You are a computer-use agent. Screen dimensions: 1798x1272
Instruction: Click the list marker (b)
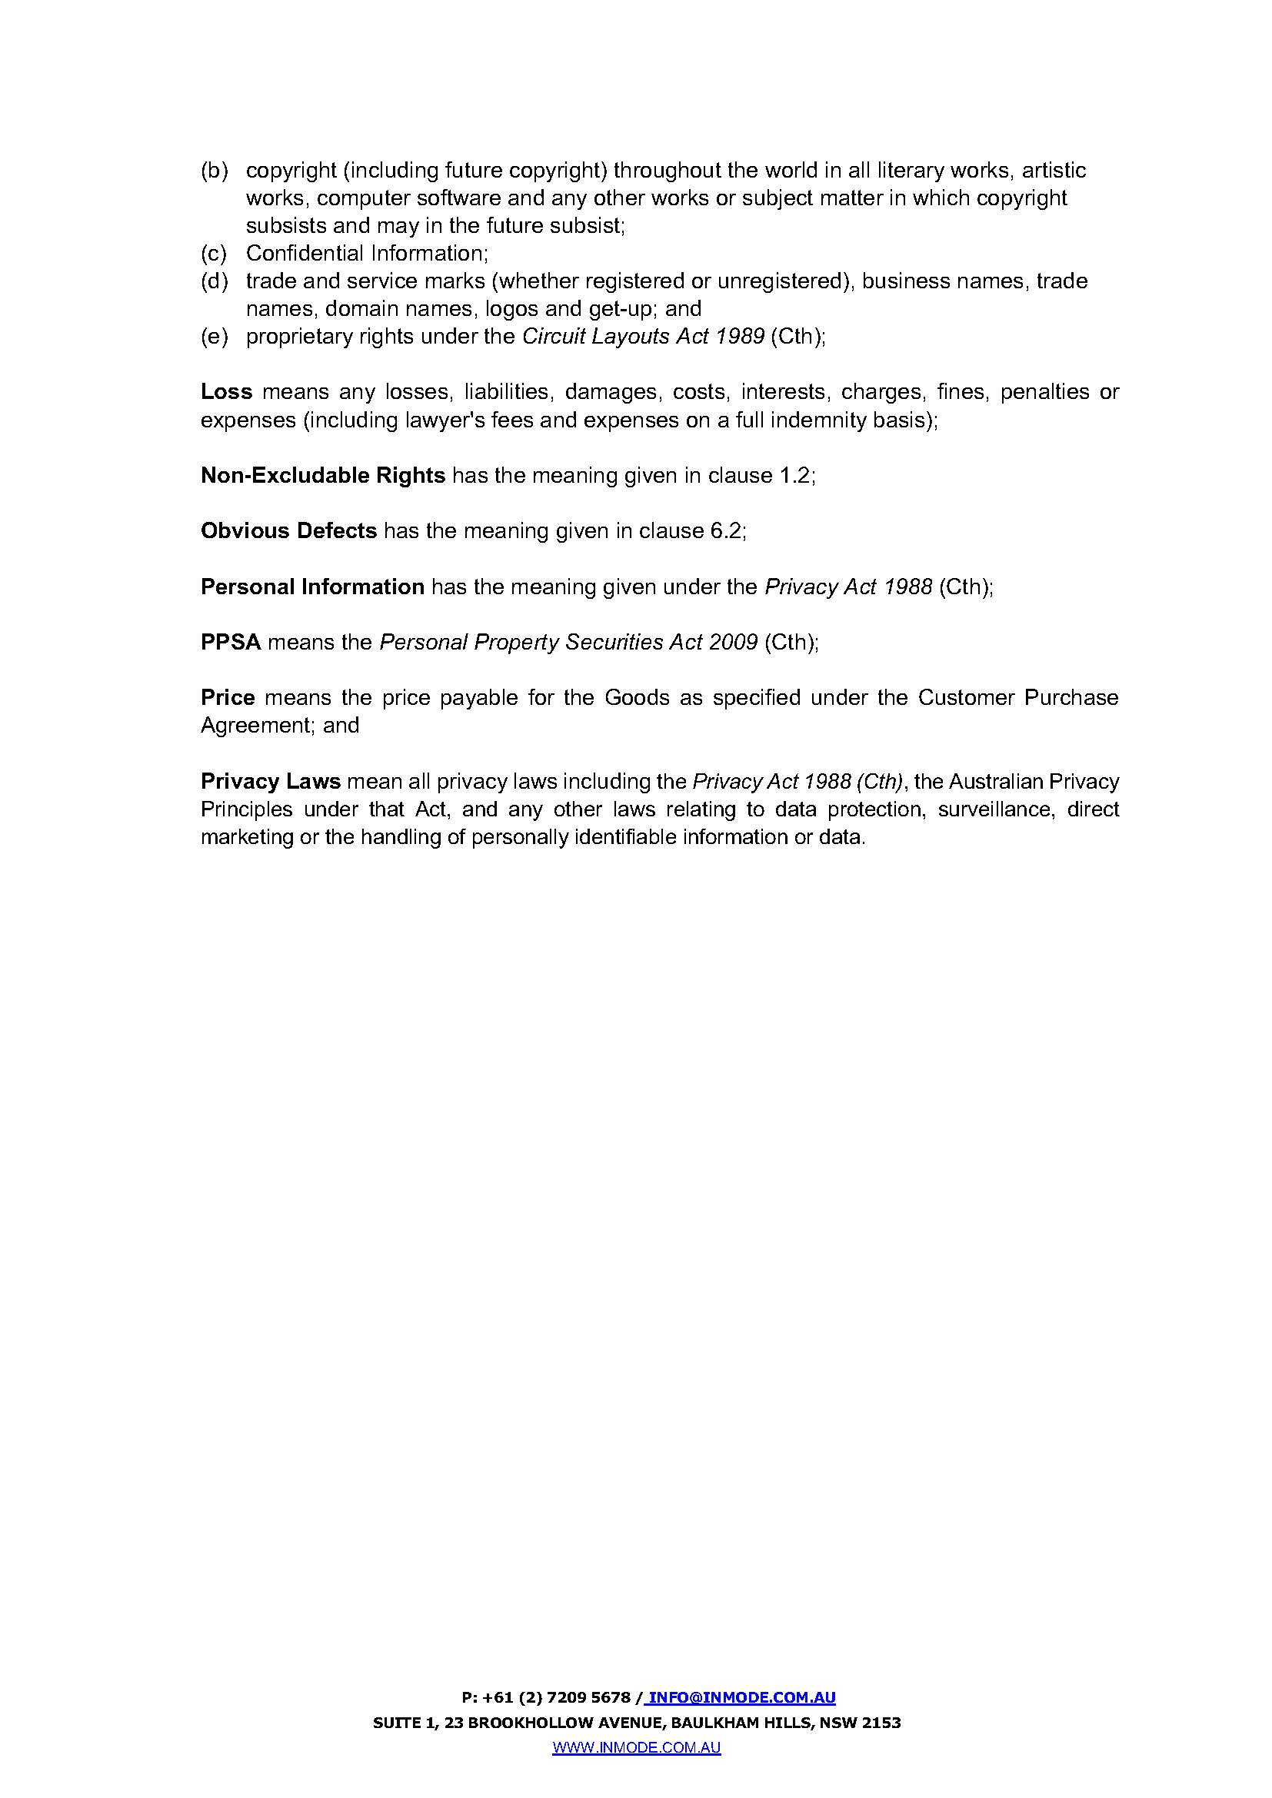coord(214,171)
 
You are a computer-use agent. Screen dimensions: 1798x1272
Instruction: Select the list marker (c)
coord(214,254)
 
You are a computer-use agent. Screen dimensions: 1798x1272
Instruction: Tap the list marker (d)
coord(214,281)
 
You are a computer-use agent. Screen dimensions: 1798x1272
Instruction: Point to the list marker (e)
coord(214,337)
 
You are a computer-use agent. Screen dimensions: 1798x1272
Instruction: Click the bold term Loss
coord(226,391)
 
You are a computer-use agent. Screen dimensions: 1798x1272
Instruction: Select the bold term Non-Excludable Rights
coord(323,475)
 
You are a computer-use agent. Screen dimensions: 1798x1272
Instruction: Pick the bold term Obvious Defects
coord(289,531)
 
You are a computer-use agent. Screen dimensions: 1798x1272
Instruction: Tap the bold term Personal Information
coord(312,587)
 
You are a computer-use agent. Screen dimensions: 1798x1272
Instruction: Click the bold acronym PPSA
coord(230,642)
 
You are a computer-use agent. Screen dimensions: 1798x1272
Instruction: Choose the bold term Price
coord(228,697)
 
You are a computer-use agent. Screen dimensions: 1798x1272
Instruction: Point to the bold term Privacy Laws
coord(270,781)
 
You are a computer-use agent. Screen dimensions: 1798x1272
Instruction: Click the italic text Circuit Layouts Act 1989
coord(643,337)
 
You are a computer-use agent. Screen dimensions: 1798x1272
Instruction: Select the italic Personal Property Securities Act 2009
coord(568,642)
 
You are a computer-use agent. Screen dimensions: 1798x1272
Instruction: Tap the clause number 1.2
coord(794,475)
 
